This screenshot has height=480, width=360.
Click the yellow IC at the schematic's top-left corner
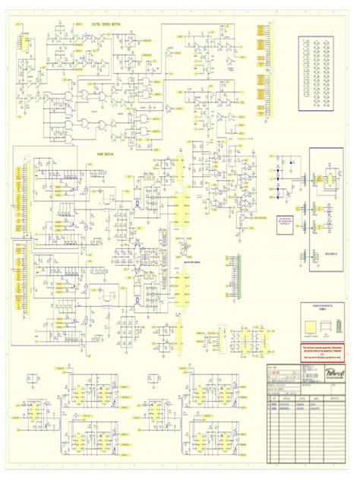pos(24,45)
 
